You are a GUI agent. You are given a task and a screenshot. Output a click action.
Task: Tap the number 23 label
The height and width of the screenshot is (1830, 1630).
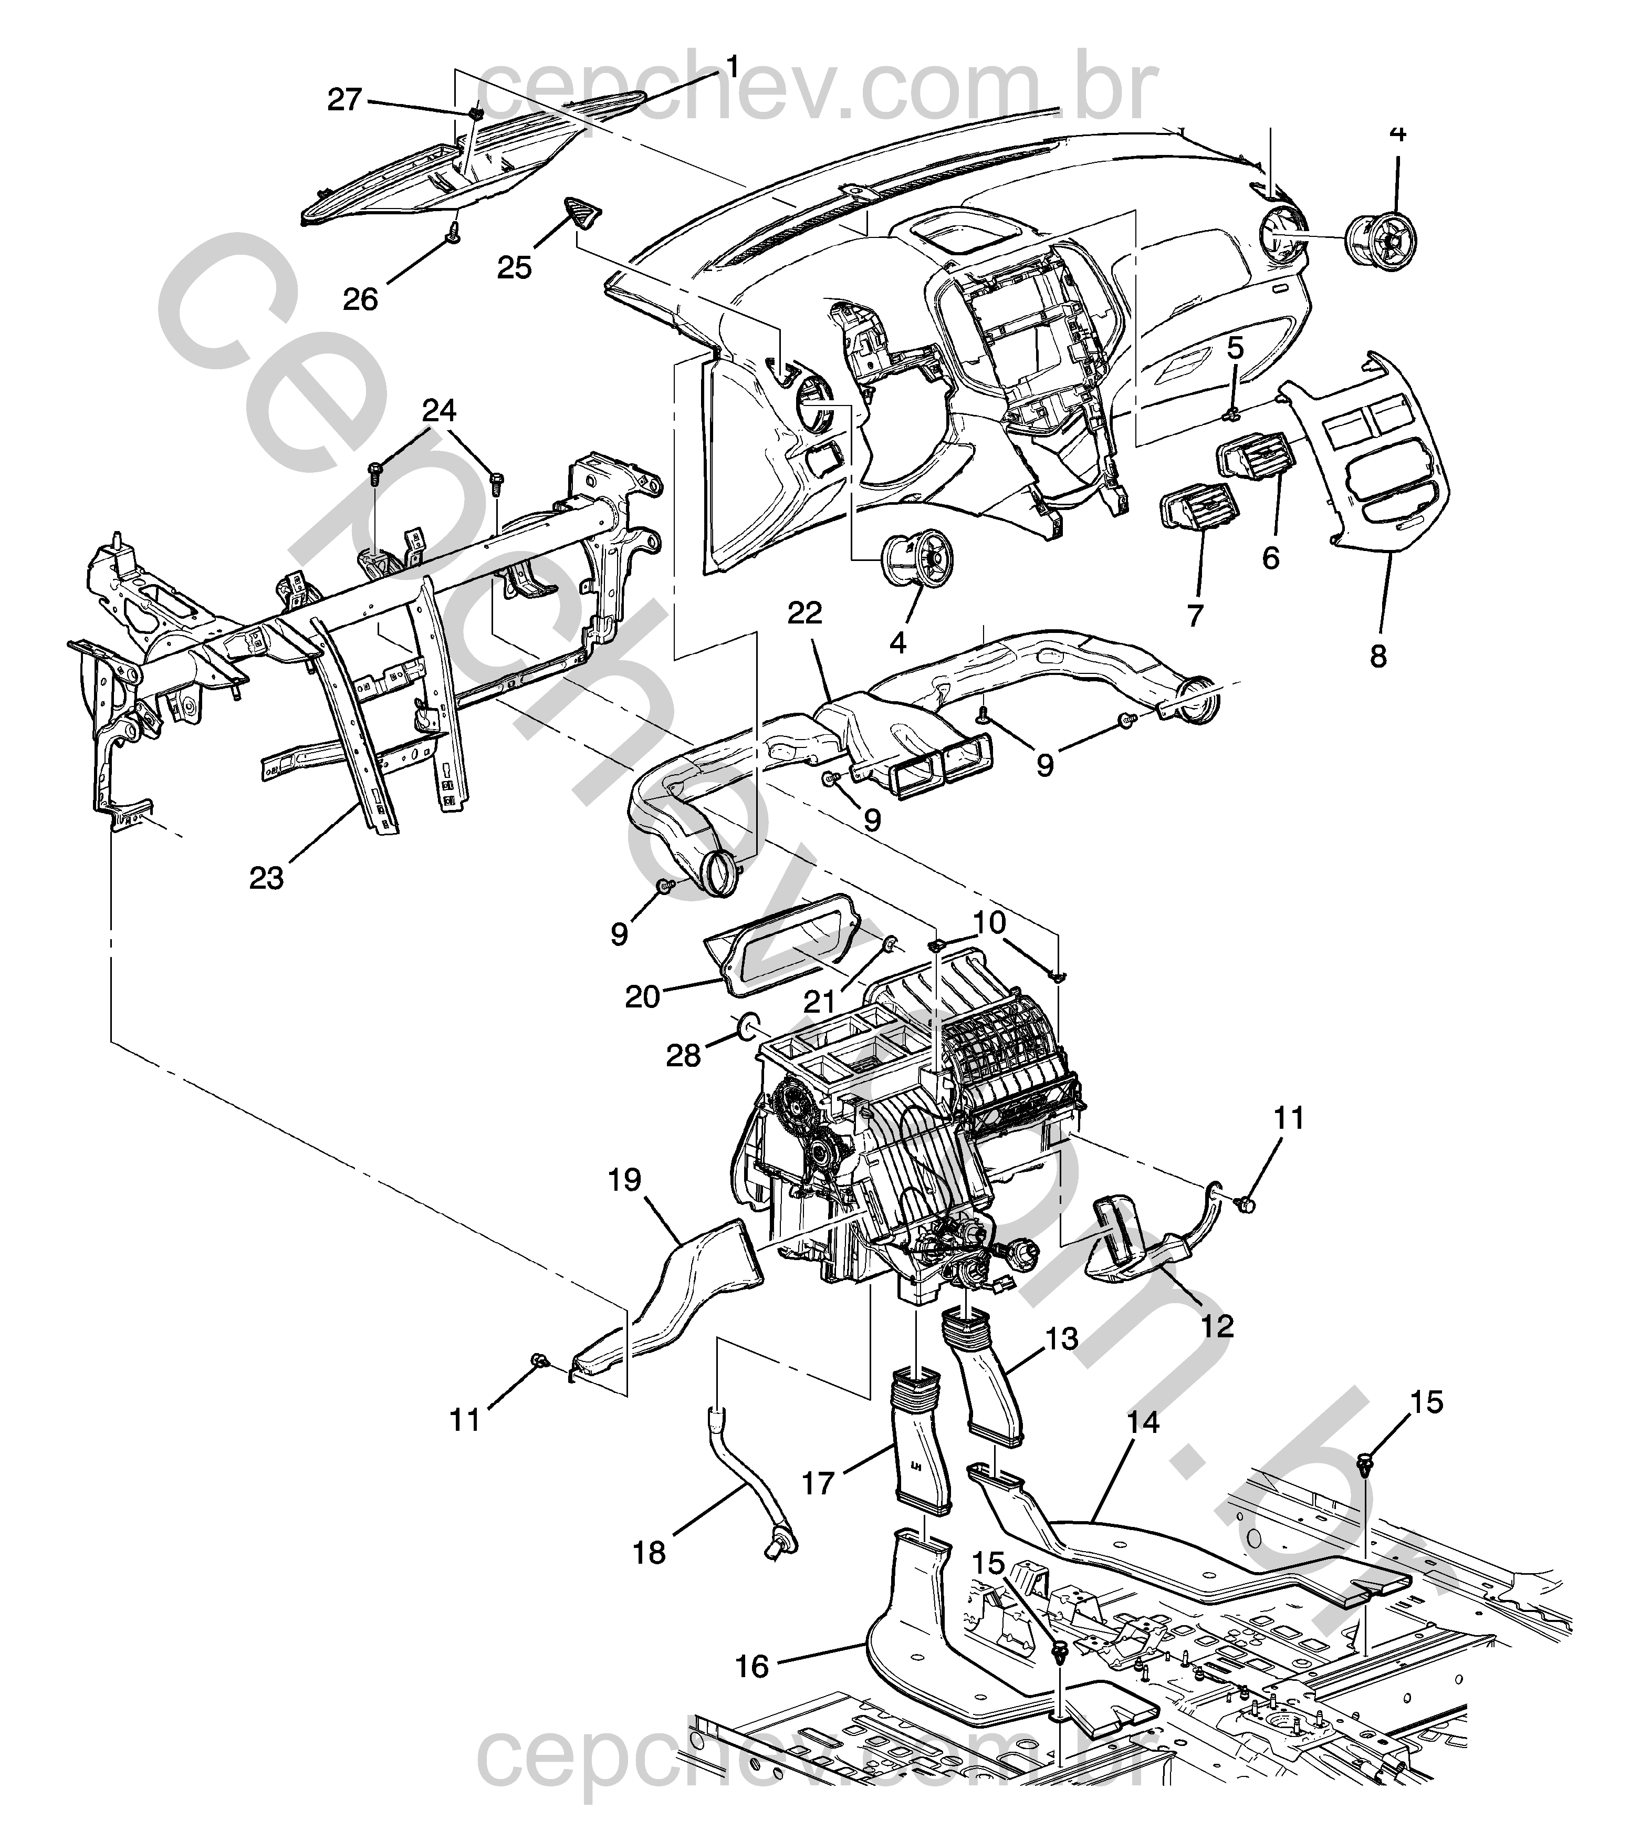pyautogui.click(x=266, y=878)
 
